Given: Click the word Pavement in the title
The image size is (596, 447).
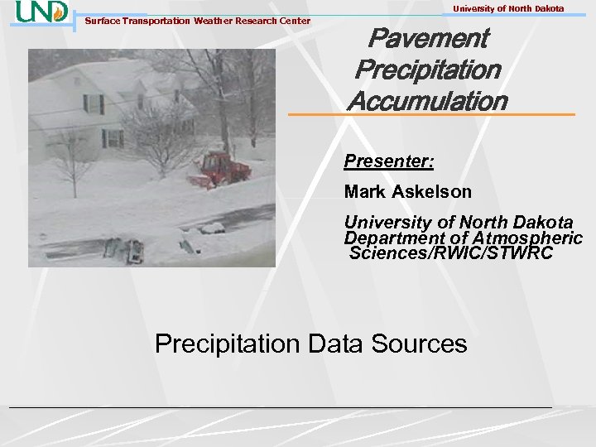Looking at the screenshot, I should click(427, 38).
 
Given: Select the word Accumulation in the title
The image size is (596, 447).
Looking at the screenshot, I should click(427, 101).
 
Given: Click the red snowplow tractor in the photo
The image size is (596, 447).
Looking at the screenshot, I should click(222, 170).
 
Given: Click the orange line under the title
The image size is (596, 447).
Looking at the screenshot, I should click(430, 114).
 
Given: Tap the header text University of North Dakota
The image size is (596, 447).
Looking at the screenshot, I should click(508, 8).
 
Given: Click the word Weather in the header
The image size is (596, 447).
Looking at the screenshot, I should click(214, 21).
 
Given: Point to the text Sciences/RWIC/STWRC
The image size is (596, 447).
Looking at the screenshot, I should click(451, 252).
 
